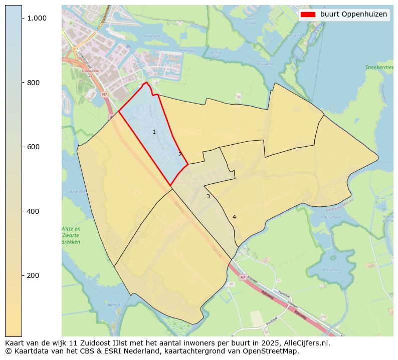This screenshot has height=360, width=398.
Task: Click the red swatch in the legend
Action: coord(308,15)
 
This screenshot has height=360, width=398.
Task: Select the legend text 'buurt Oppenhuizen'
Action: coord(353,15)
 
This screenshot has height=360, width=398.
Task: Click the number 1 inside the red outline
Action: coord(154,132)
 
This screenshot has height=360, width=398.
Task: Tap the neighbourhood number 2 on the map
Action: coord(180,154)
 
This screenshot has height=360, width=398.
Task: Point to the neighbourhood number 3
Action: coord(208,197)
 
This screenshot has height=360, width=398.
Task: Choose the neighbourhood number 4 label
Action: coord(234,217)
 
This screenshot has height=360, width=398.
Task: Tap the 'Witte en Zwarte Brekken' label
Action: coord(71,235)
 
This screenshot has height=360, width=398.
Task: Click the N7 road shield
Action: coord(104,94)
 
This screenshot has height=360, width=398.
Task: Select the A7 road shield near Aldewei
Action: coord(243,277)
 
